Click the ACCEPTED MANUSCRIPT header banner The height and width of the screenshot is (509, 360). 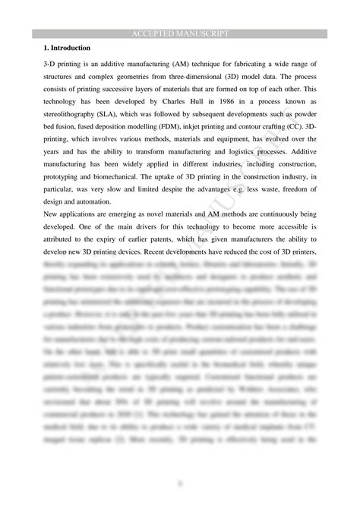[x=180, y=34]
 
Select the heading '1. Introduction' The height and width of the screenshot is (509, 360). [x=69, y=49]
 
